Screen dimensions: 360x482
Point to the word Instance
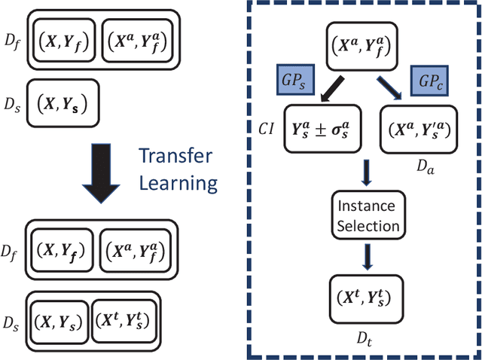[366, 206]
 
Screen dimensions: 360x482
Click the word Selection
[366, 225]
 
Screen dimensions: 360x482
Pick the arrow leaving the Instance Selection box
[366, 256]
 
